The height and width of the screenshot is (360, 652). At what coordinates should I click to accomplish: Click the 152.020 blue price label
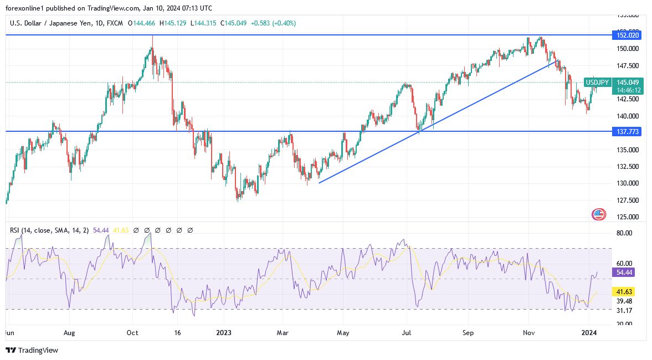click(628, 35)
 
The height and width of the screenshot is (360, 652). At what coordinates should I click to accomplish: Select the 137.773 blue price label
click(628, 131)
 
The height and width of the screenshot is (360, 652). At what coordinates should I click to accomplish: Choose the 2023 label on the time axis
click(223, 333)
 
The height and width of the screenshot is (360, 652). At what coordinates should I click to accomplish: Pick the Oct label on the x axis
click(132, 333)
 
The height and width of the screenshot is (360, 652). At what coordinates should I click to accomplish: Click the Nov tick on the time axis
click(528, 333)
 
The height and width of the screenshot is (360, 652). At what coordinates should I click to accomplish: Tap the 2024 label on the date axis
click(589, 333)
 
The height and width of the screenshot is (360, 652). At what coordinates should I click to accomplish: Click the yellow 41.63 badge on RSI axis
click(624, 291)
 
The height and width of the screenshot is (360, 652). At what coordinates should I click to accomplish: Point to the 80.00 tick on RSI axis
click(624, 233)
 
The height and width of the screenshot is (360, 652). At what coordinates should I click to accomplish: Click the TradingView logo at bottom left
click(32, 350)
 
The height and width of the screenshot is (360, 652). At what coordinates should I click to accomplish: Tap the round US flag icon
click(599, 214)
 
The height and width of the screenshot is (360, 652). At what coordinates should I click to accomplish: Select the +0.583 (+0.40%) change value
click(273, 23)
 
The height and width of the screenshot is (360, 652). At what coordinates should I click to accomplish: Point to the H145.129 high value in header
click(172, 23)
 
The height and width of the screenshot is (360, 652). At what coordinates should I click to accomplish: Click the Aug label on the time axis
click(70, 333)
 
